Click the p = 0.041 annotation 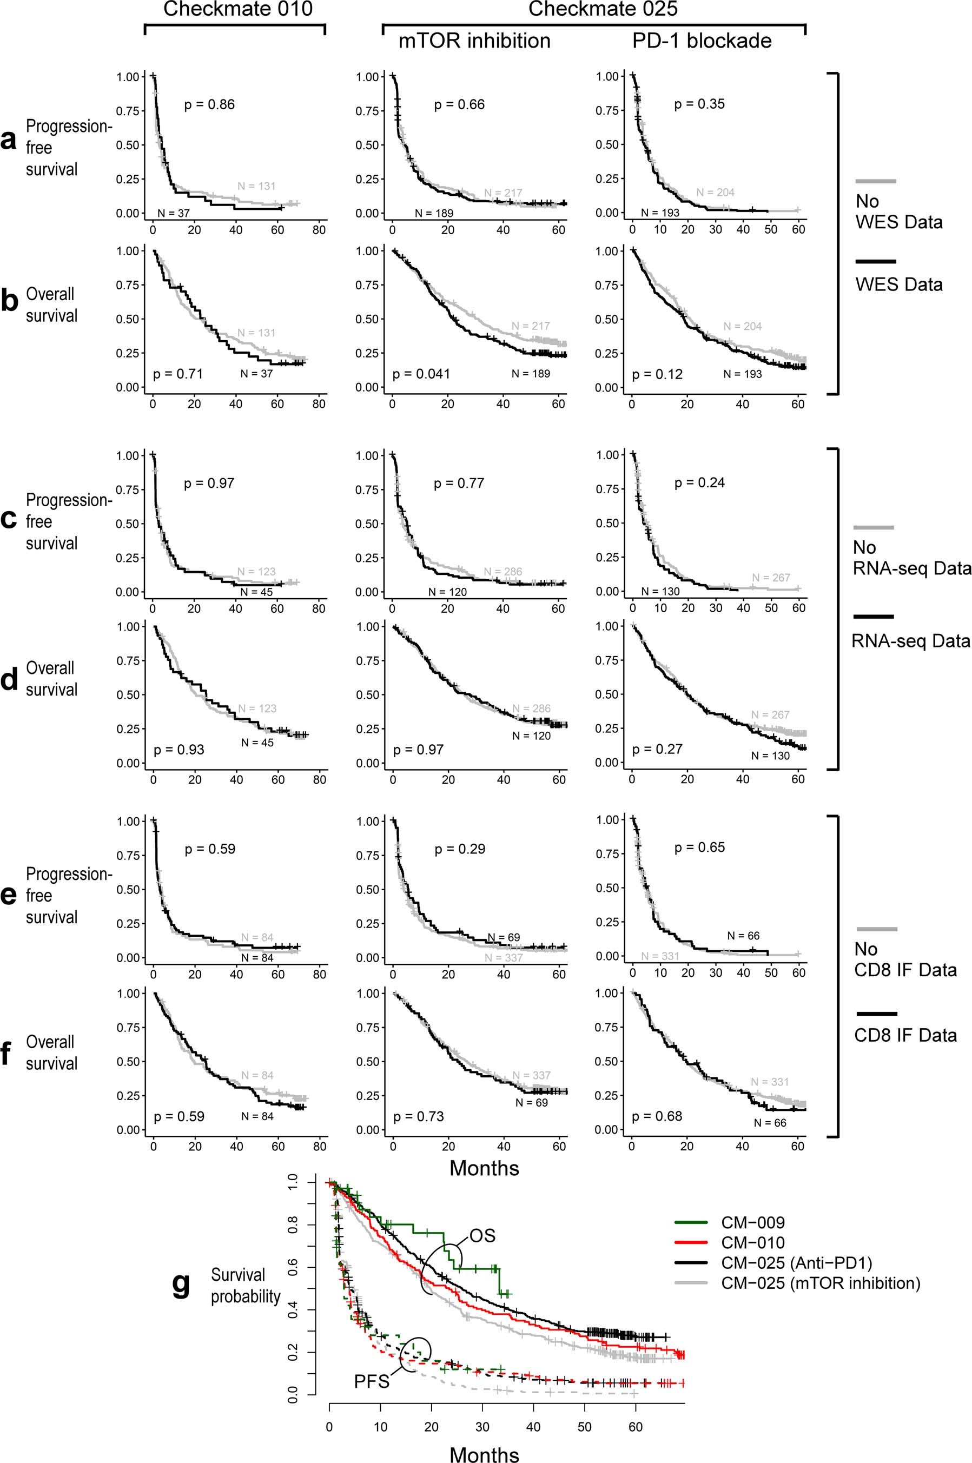click(421, 374)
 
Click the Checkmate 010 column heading click(237, 9)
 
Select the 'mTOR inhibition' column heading click(474, 41)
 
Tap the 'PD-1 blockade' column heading click(702, 41)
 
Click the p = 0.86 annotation click(209, 104)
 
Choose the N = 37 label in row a click(174, 213)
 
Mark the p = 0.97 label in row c click(209, 483)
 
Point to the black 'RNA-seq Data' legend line click(874, 617)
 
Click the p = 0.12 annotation click(657, 374)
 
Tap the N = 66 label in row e click(743, 936)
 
